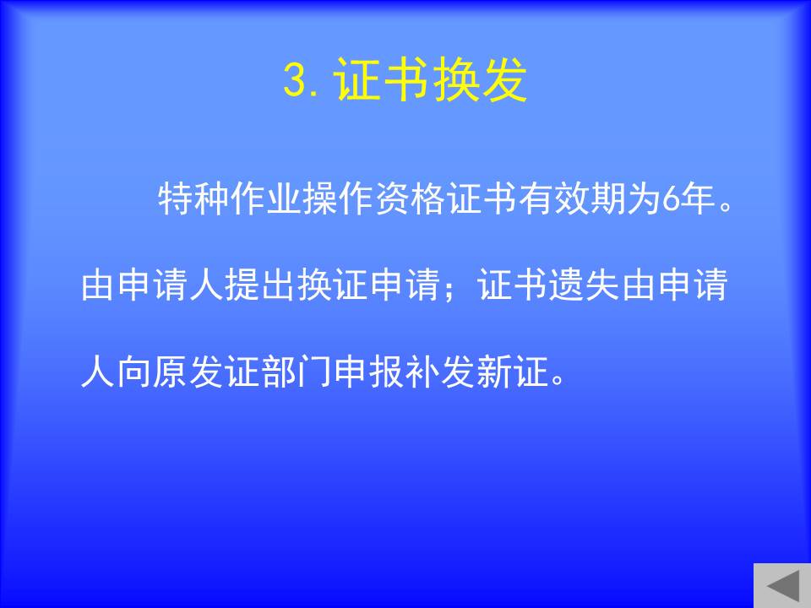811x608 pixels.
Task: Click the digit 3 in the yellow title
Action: pos(296,79)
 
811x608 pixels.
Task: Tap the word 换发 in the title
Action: pos(479,79)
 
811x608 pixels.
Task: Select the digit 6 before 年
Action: pos(670,199)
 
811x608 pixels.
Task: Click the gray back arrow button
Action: pos(782,585)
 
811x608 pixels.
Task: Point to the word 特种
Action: pos(193,199)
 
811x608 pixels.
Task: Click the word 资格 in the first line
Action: pos(410,199)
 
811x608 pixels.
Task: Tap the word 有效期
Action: pos(572,199)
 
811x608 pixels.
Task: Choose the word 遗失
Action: pos(585,285)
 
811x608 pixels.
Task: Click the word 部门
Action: pos(297,372)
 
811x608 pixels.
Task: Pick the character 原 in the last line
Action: pos(171,372)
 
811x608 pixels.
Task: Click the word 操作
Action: pos(338,199)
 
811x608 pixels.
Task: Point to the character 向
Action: pos(134,372)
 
